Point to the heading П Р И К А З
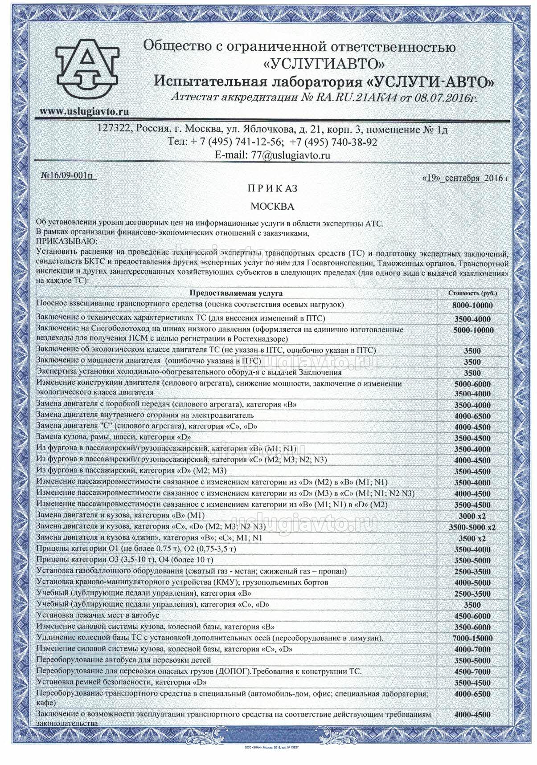click(x=272, y=189)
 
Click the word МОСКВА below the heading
click(x=272, y=207)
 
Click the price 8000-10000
click(x=472, y=305)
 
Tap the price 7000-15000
click(x=472, y=639)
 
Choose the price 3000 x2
click(x=472, y=517)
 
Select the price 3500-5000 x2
click(x=472, y=528)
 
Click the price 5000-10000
click(x=472, y=330)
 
